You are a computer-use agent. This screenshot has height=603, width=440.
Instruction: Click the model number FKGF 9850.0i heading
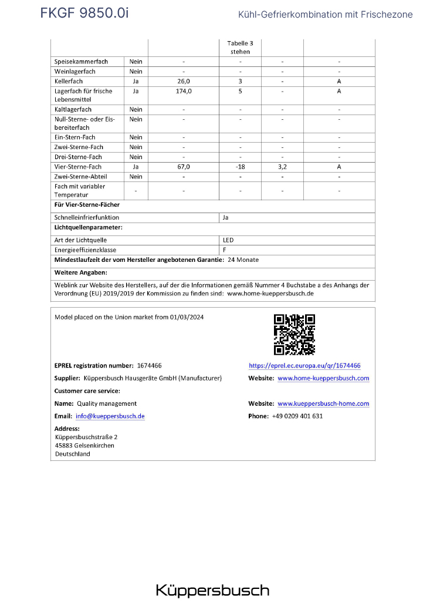coord(84,13)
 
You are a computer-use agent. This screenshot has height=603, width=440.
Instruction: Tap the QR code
coord(295,335)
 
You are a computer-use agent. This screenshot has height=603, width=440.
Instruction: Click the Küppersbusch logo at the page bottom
coord(212,590)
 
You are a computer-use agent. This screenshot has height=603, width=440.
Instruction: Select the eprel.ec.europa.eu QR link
coord(304,365)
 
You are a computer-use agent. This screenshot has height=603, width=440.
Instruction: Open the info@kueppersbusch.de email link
coord(110,416)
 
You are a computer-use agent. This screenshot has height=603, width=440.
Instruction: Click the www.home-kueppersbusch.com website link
coord(323,378)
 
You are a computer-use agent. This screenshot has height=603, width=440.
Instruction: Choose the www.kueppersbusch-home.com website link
coord(323,404)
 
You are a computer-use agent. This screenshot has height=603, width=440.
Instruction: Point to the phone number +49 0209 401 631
coord(297,416)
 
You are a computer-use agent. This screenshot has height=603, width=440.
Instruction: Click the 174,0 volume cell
coord(184,92)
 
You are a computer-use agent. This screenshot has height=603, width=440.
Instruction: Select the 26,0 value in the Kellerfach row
coord(184,81)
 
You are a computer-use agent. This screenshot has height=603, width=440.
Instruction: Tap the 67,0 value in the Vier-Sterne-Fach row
coord(184,167)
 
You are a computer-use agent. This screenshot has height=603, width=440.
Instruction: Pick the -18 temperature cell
coord(240,167)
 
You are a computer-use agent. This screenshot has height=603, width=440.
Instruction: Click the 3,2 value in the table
coord(282,167)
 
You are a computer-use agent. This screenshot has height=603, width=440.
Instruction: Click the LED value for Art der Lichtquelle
coord(228,240)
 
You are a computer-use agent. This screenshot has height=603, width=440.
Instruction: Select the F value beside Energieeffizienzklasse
coord(225,250)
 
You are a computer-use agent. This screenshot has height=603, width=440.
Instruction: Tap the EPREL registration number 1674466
coord(150,365)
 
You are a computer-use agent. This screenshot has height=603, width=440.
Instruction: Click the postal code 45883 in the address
coord(63,446)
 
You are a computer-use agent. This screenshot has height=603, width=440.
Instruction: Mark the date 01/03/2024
coord(189,317)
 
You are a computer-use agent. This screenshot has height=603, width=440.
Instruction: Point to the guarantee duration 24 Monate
coord(243,260)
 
